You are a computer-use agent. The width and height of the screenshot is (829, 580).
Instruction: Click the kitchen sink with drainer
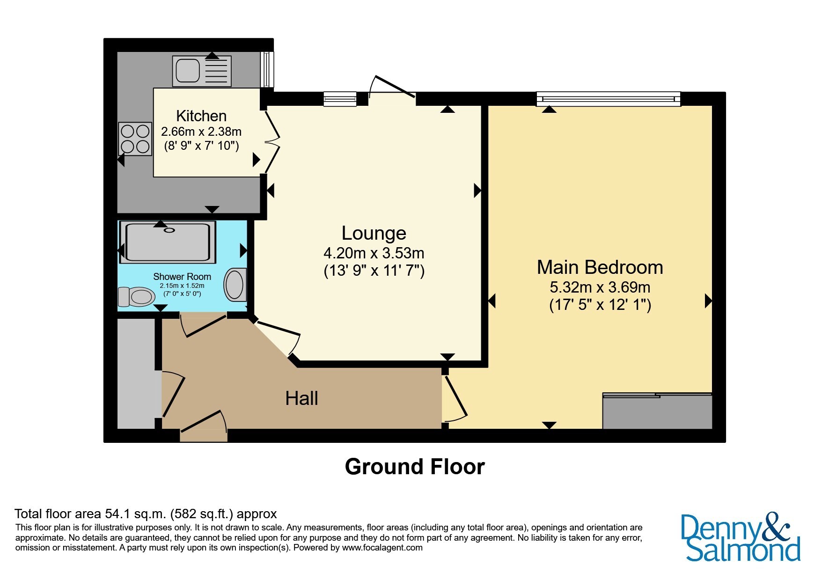(x=202, y=71)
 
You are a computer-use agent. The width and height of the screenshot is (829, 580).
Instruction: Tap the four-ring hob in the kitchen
(x=135, y=139)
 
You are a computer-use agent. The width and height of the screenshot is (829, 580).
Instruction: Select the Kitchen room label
(x=201, y=116)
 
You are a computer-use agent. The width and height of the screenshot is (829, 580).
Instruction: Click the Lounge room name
(x=374, y=233)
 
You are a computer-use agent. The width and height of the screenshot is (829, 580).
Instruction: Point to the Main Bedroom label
(x=600, y=267)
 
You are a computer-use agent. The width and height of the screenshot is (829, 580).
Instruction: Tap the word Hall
(x=302, y=398)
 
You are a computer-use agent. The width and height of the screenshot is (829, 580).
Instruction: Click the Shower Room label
(x=182, y=277)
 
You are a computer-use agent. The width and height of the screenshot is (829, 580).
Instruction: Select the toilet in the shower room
(x=136, y=296)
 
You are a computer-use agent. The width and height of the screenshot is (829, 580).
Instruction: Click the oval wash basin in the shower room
(x=235, y=285)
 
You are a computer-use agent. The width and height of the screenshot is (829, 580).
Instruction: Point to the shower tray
(x=168, y=242)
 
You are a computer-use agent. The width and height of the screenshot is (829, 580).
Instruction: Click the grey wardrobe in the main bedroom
(x=657, y=411)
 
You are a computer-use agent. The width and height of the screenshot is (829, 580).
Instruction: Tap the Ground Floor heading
(x=415, y=467)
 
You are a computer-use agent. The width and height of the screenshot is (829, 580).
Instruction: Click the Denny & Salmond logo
(x=741, y=537)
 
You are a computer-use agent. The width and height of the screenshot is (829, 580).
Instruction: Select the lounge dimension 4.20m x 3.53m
(x=374, y=253)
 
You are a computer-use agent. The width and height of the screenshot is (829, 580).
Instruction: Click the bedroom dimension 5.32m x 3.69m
(x=600, y=287)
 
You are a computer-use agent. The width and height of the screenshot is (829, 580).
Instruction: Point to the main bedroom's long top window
(x=609, y=99)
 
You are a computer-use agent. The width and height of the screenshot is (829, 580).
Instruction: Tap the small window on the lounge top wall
(x=340, y=99)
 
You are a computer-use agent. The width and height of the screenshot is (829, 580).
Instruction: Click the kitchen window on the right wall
(x=267, y=70)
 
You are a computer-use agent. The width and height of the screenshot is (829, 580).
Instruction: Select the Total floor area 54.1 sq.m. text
(x=91, y=514)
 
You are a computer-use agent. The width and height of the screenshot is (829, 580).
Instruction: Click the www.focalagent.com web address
(x=382, y=548)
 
